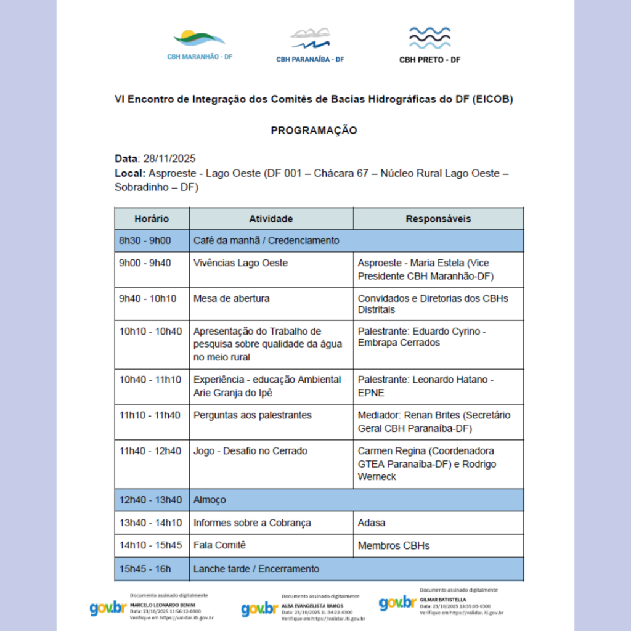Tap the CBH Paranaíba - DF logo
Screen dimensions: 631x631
click(310, 45)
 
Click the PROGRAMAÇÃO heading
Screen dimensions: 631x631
click(314, 131)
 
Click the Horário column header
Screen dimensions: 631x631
click(152, 219)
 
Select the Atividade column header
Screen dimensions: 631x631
click(271, 219)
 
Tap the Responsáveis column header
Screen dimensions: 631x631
click(438, 219)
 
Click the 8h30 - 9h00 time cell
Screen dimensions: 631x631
click(145, 241)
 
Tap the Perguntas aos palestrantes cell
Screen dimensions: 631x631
click(253, 415)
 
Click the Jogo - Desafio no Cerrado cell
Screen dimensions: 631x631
click(250, 451)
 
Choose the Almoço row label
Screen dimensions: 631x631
click(210, 500)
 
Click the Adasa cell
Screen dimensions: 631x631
click(372, 523)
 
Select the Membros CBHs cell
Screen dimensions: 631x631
click(394, 545)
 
